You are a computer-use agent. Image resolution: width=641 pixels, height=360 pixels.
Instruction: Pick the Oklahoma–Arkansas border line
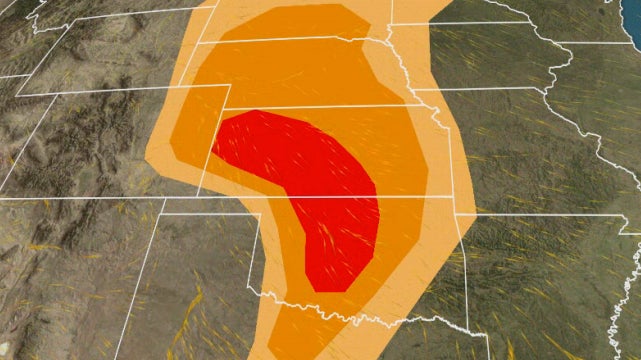pos(461,270)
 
